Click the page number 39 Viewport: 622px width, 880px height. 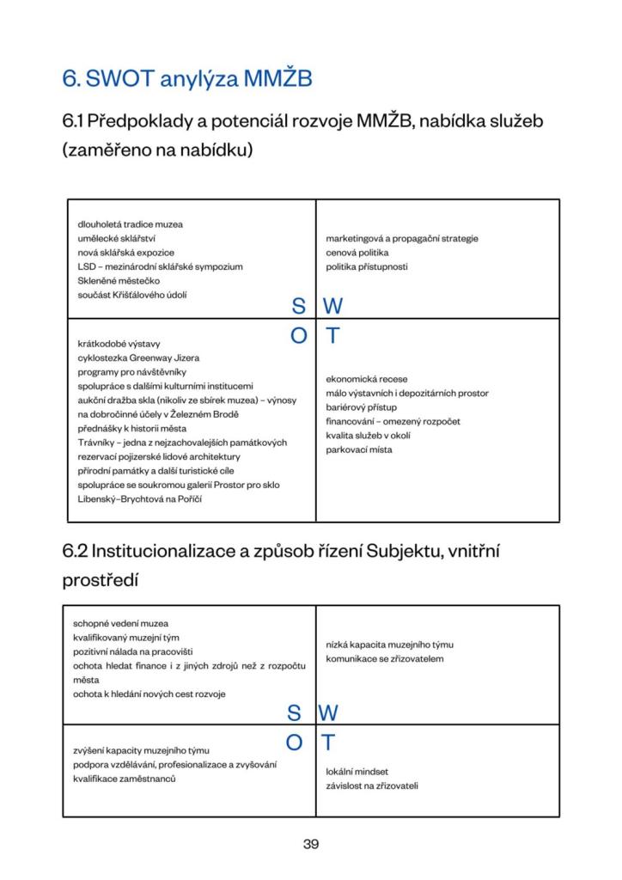(311, 844)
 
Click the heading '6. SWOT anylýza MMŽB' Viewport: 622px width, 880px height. (186, 79)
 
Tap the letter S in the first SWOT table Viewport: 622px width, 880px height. (298, 306)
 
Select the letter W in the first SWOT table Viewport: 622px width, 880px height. (332, 306)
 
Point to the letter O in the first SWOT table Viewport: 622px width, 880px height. (298, 336)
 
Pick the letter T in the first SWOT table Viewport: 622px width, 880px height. (332, 336)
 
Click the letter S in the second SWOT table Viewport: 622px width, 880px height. (294, 712)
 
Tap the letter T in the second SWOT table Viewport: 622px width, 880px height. (328, 742)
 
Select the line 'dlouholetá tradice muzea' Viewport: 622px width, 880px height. (130, 224)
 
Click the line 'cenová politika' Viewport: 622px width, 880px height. (357, 253)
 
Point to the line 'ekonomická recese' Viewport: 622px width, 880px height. (366, 378)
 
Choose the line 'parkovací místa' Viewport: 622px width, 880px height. (358, 449)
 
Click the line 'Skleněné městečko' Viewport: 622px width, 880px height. (119, 281)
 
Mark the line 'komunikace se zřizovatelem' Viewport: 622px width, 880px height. (384, 658)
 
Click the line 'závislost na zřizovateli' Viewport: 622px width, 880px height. (372, 785)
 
